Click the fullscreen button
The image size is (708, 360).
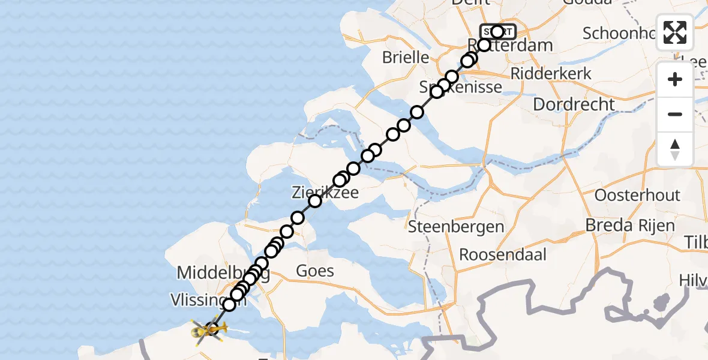[x=675, y=32]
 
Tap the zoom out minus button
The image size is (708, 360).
[x=675, y=114]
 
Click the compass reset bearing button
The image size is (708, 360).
[x=675, y=149]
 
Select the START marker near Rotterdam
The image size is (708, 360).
[x=497, y=32]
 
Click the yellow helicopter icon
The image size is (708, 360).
[x=208, y=329]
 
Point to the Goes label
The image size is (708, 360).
[x=315, y=271]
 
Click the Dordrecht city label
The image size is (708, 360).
[x=574, y=104]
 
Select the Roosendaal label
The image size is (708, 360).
[x=503, y=254]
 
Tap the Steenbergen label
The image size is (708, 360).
[x=455, y=227]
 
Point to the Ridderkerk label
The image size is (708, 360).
[x=551, y=74]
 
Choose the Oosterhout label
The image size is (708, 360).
[x=637, y=195]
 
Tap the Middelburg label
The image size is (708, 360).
[x=222, y=274]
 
